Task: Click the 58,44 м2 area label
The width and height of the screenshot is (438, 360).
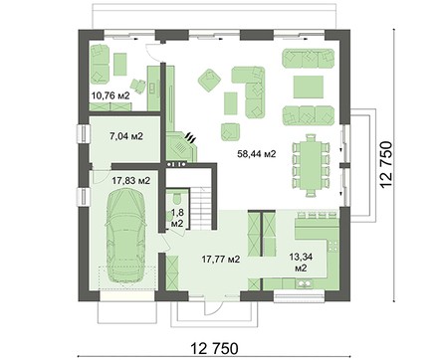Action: tap(257, 153)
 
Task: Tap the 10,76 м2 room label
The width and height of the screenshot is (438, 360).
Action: tap(110, 95)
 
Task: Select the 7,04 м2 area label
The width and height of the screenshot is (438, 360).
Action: tap(126, 135)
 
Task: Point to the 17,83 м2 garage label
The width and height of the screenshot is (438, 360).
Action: tap(131, 181)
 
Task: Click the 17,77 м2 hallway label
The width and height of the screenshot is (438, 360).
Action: tap(221, 259)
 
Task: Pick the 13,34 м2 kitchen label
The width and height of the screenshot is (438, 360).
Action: tap(301, 262)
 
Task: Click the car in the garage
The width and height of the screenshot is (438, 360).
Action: tap(126, 235)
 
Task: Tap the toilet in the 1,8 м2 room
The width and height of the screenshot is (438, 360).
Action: tap(176, 199)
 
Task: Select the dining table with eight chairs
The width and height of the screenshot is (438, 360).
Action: tap(310, 165)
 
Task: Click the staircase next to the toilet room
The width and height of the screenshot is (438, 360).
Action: tap(201, 208)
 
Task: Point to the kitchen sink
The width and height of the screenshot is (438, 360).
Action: tap(304, 283)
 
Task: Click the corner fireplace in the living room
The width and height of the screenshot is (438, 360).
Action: tap(181, 146)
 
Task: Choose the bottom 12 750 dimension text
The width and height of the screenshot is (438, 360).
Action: tap(214, 349)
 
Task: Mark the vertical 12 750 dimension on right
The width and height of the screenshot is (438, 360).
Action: tap(386, 165)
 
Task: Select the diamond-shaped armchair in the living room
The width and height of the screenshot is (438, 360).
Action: tap(209, 80)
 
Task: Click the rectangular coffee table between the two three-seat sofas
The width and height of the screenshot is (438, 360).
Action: tap(309, 87)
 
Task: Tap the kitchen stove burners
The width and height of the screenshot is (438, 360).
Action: tap(333, 246)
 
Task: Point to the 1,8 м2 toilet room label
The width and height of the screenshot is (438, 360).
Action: tap(177, 218)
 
